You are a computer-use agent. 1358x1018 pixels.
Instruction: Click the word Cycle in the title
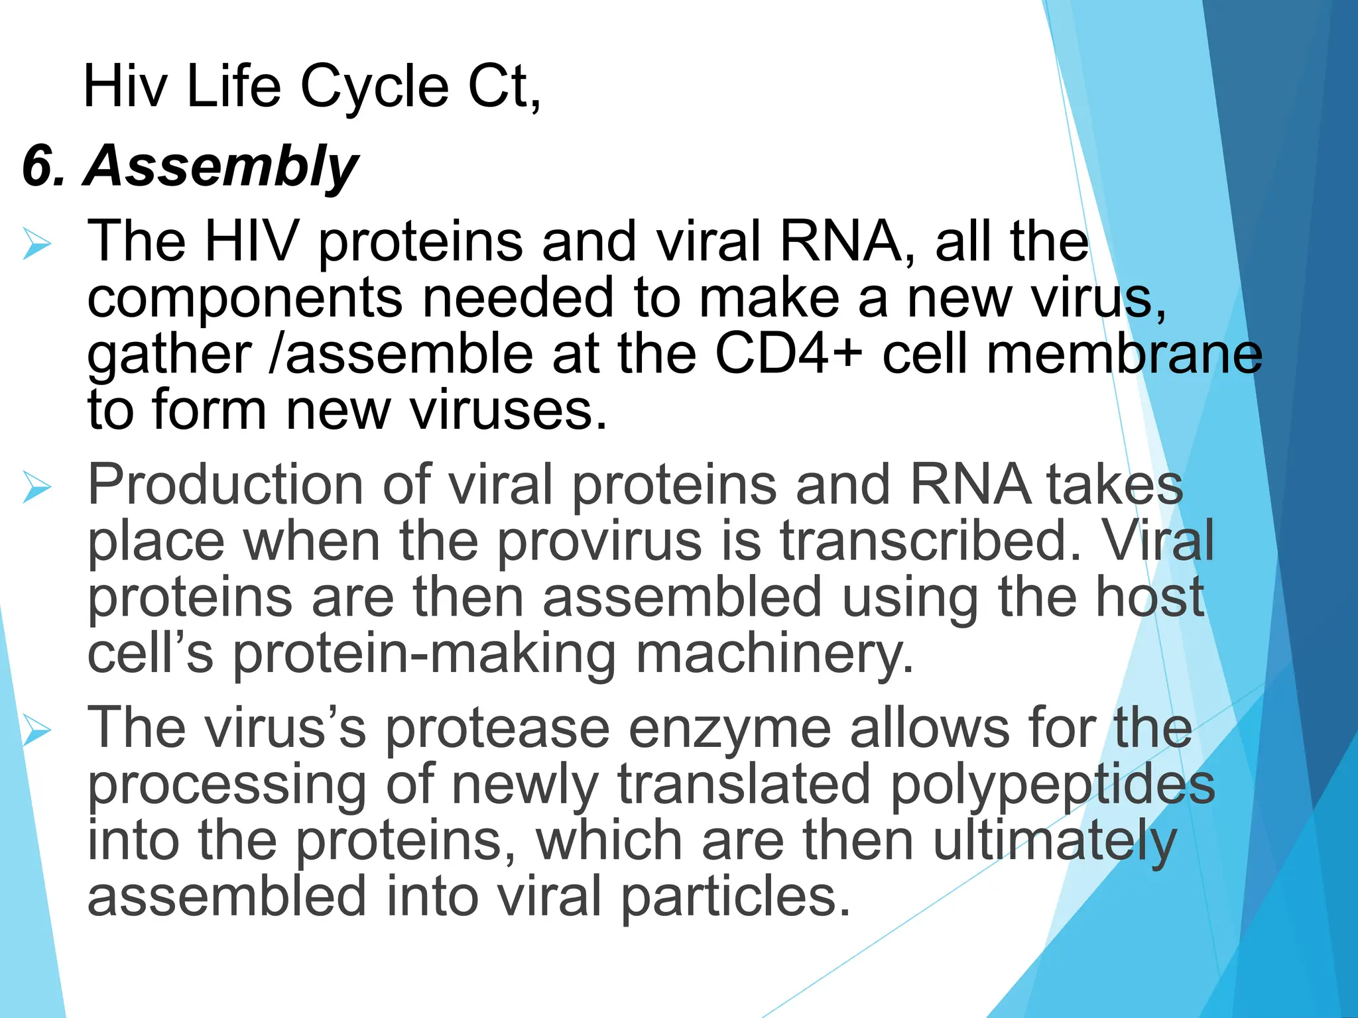pyautogui.click(x=375, y=87)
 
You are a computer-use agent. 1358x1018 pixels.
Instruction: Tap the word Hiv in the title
pyautogui.click(x=126, y=87)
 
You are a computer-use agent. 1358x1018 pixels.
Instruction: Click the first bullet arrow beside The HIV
pyautogui.click(x=36, y=243)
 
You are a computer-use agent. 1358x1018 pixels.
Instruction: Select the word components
pyautogui.click(x=245, y=298)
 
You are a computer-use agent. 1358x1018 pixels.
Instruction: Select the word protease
pyautogui.click(x=497, y=729)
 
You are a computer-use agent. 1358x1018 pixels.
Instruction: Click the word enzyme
pyautogui.click(x=729, y=729)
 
